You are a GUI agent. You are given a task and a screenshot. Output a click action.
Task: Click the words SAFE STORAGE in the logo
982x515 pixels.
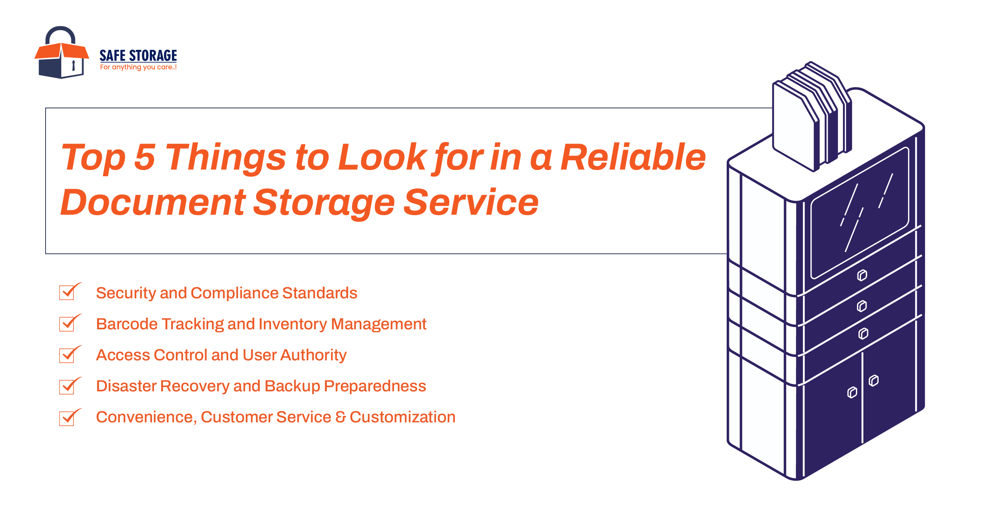click(x=138, y=56)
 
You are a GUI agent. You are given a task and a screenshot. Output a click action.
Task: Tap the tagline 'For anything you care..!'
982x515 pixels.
click(x=138, y=68)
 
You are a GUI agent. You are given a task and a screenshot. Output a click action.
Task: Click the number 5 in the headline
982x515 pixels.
click(x=145, y=157)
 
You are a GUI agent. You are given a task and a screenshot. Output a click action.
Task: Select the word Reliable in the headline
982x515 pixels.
click(x=633, y=157)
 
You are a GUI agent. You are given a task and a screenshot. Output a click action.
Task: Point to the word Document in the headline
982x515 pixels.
click(x=153, y=203)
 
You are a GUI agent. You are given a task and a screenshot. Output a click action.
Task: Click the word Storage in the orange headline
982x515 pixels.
click(x=324, y=203)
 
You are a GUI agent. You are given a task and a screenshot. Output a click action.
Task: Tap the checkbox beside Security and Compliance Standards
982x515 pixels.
click(x=67, y=292)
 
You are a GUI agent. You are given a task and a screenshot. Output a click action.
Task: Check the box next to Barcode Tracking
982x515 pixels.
click(x=67, y=324)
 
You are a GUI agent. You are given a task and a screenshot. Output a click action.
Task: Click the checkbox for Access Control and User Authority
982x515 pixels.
click(x=67, y=355)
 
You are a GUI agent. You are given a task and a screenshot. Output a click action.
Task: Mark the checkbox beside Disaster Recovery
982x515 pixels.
click(x=67, y=386)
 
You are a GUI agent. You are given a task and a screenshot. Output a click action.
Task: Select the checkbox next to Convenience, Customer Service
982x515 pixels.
click(x=67, y=418)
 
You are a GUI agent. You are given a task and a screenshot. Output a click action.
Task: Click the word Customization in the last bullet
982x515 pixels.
click(x=402, y=417)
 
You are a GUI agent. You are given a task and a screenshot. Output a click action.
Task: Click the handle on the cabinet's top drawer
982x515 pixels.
click(x=862, y=276)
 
